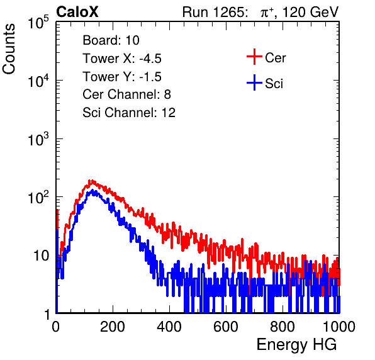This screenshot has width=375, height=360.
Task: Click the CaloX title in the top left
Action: click(77, 12)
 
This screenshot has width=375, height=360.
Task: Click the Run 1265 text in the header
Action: click(215, 12)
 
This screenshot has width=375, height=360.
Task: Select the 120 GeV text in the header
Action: click(311, 12)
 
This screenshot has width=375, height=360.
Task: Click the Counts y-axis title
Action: click(9, 49)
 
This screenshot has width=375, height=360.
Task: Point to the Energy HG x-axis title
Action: click(296, 345)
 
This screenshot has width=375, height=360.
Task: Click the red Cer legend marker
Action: click(254, 57)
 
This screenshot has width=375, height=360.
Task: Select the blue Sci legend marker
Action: click(254, 83)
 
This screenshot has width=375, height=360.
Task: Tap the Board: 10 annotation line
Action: click(111, 40)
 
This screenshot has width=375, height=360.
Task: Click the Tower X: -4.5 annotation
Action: click(122, 59)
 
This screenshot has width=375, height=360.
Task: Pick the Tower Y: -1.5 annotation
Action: click(122, 77)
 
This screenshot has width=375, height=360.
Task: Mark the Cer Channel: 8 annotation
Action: click(126, 94)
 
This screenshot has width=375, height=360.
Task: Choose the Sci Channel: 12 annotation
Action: click(129, 113)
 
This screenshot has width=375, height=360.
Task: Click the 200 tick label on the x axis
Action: click(113, 327)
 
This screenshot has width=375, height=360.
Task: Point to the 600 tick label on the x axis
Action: click(226, 327)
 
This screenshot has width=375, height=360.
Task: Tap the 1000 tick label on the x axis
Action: click(339, 327)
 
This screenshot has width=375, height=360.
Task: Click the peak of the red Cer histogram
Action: click(91, 181)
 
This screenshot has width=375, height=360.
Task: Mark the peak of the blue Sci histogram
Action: click(92, 190)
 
